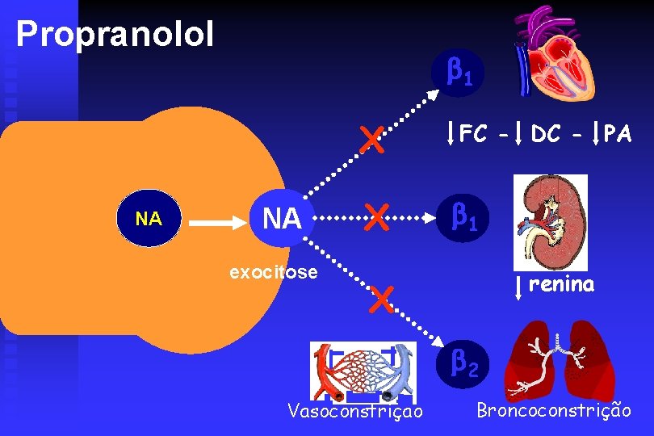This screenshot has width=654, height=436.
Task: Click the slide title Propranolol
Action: pos(115,34)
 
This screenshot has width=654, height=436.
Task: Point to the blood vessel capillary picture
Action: pos(364,371)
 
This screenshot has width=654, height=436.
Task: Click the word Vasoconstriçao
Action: pos(355,413)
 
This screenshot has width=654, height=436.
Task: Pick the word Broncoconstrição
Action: pos(554,411)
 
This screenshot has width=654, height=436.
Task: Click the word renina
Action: pos(562,284)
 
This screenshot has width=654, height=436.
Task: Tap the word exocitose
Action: pos(274,272)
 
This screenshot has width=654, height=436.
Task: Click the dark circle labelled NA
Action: pos(149,219)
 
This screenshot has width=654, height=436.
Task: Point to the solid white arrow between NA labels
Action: pos(212,219)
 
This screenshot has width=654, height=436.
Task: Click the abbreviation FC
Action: pos(474,134)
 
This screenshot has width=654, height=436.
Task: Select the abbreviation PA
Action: pos(617,134)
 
